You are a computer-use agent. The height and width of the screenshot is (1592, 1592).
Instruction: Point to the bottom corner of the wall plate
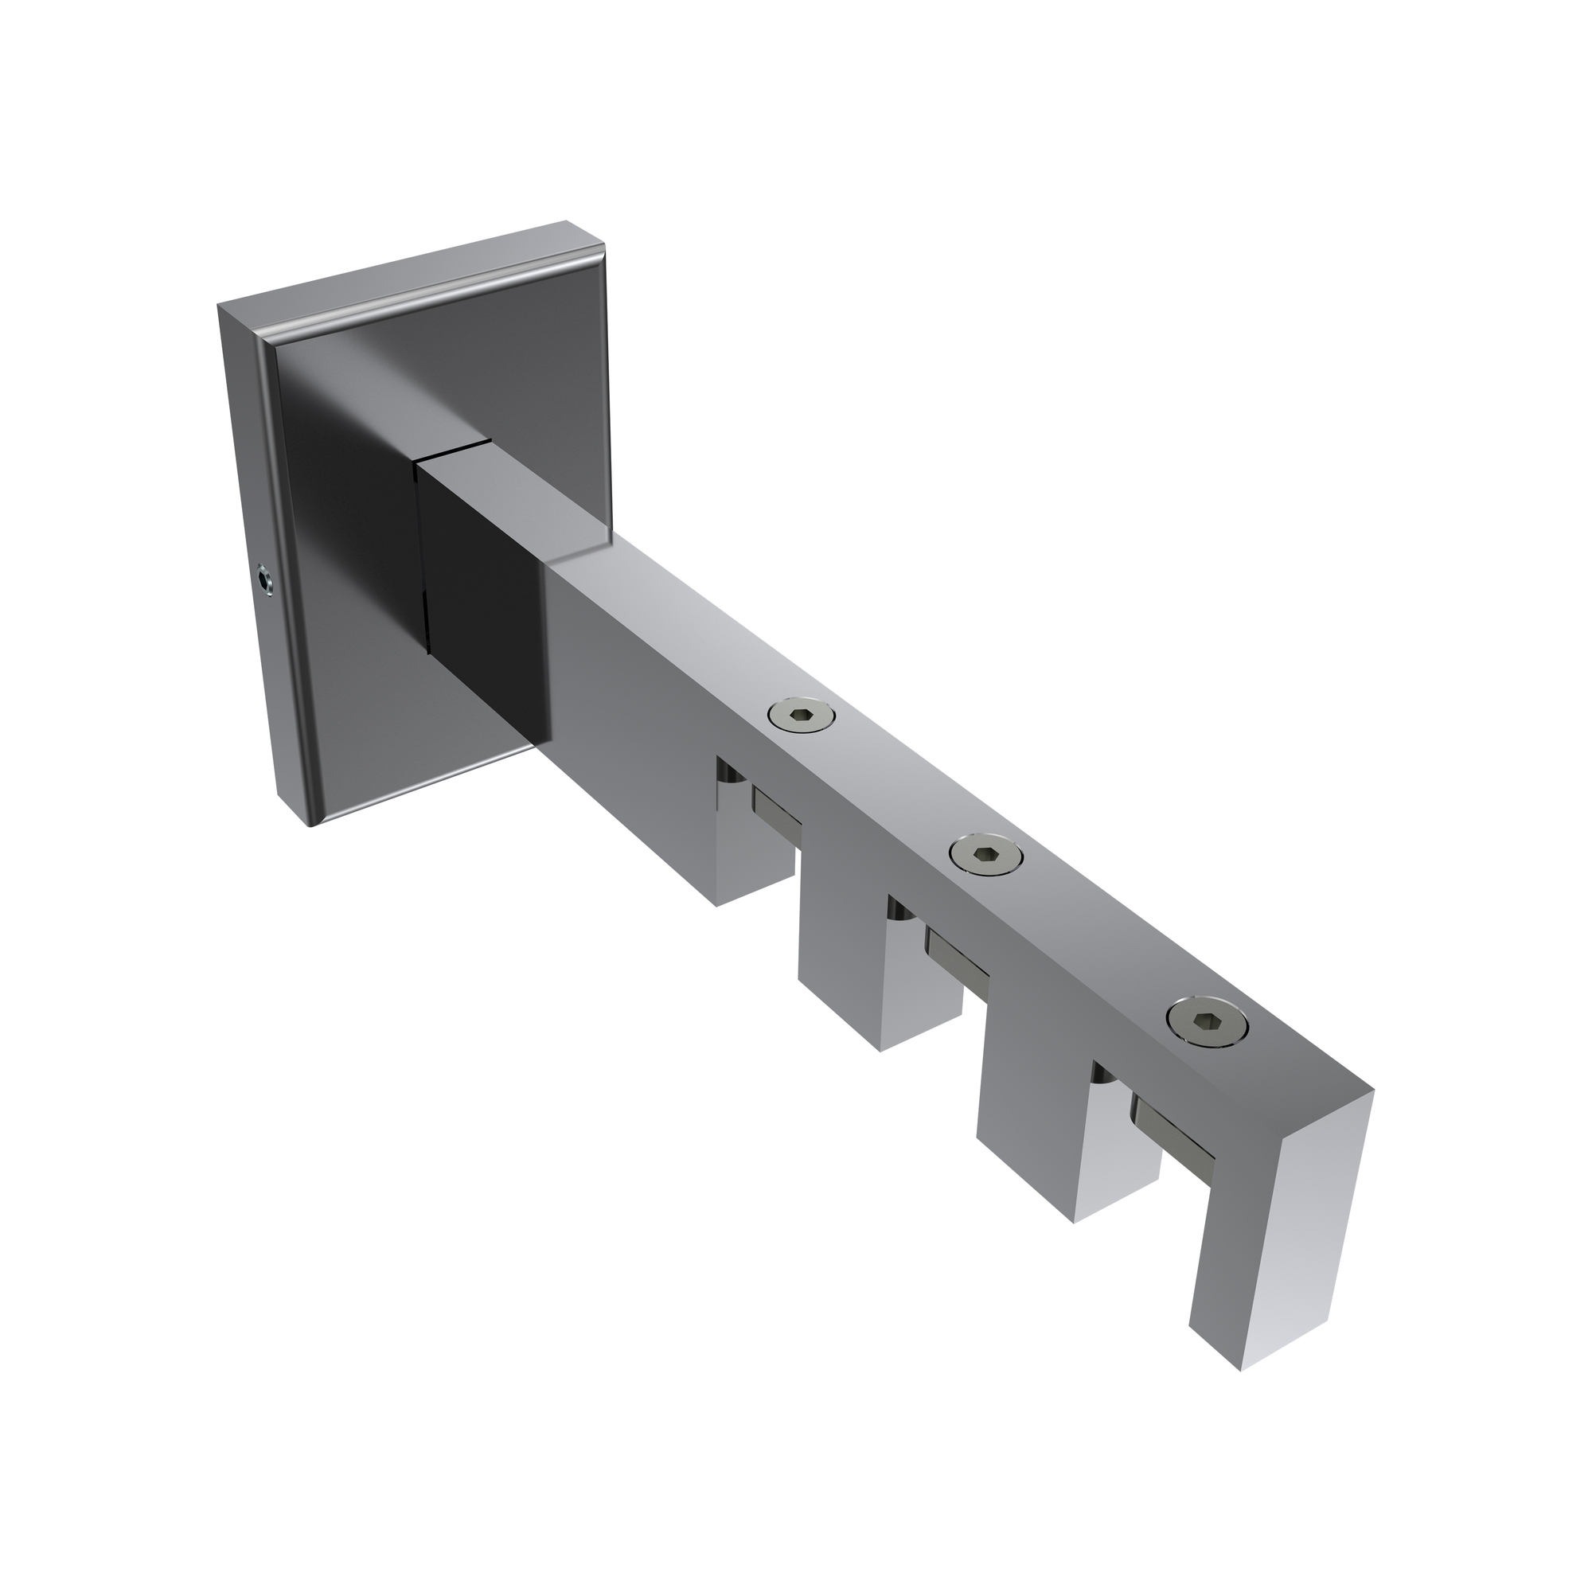(311, 824)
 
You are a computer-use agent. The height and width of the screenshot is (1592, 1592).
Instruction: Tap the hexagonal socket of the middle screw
(985, 857)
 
